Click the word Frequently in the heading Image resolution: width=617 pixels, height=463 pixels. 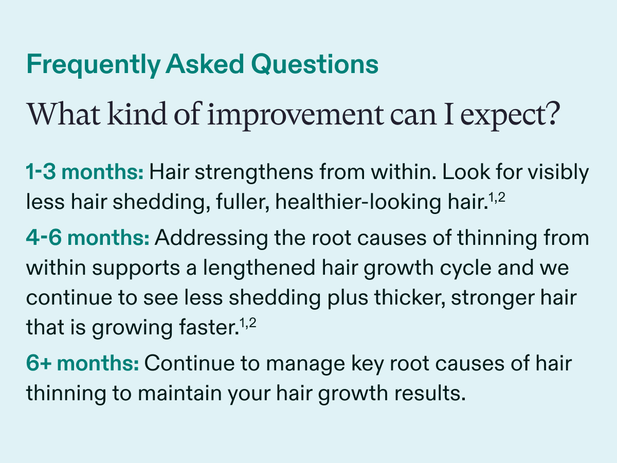pyautogui.click(x=94, y=65)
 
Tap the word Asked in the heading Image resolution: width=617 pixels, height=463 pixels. pyautogui.click(x=205, y=64)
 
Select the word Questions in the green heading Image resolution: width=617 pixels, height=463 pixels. pyautogui.click(x=315, y=65)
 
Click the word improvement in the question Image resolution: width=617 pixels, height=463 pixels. pyautogui.click(x=296, y=116)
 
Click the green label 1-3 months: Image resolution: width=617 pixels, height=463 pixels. pyautogui.click(x=85, y=172)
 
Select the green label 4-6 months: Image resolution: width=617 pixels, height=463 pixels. pyautogui.click(x=88, y=238)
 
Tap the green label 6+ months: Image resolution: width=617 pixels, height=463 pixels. pyautogui.click(x=82, y=363)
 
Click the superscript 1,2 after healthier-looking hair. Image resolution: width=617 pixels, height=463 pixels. pyautogui.click(x=497, y=198)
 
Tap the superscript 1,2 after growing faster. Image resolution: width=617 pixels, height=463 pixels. pyautogui.click(x=248, y=323)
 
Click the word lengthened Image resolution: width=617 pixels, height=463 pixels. pyautogui.click(x=259, y=268)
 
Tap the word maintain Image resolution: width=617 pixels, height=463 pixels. pyautogui.click(x=180, y=393)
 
